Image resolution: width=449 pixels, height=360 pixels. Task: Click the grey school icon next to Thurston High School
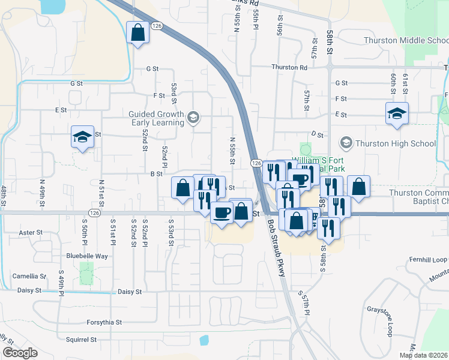346,143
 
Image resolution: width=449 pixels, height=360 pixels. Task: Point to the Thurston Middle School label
406,41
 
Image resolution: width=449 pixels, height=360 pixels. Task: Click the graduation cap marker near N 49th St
82,137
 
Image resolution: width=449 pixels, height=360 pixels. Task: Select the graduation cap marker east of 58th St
396,113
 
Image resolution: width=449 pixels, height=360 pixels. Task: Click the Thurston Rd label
289,67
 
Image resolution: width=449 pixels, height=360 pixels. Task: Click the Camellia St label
29,276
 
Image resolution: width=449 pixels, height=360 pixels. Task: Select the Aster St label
31,232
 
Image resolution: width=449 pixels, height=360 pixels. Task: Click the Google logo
20,353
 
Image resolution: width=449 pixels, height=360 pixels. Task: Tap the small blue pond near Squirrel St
204,340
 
